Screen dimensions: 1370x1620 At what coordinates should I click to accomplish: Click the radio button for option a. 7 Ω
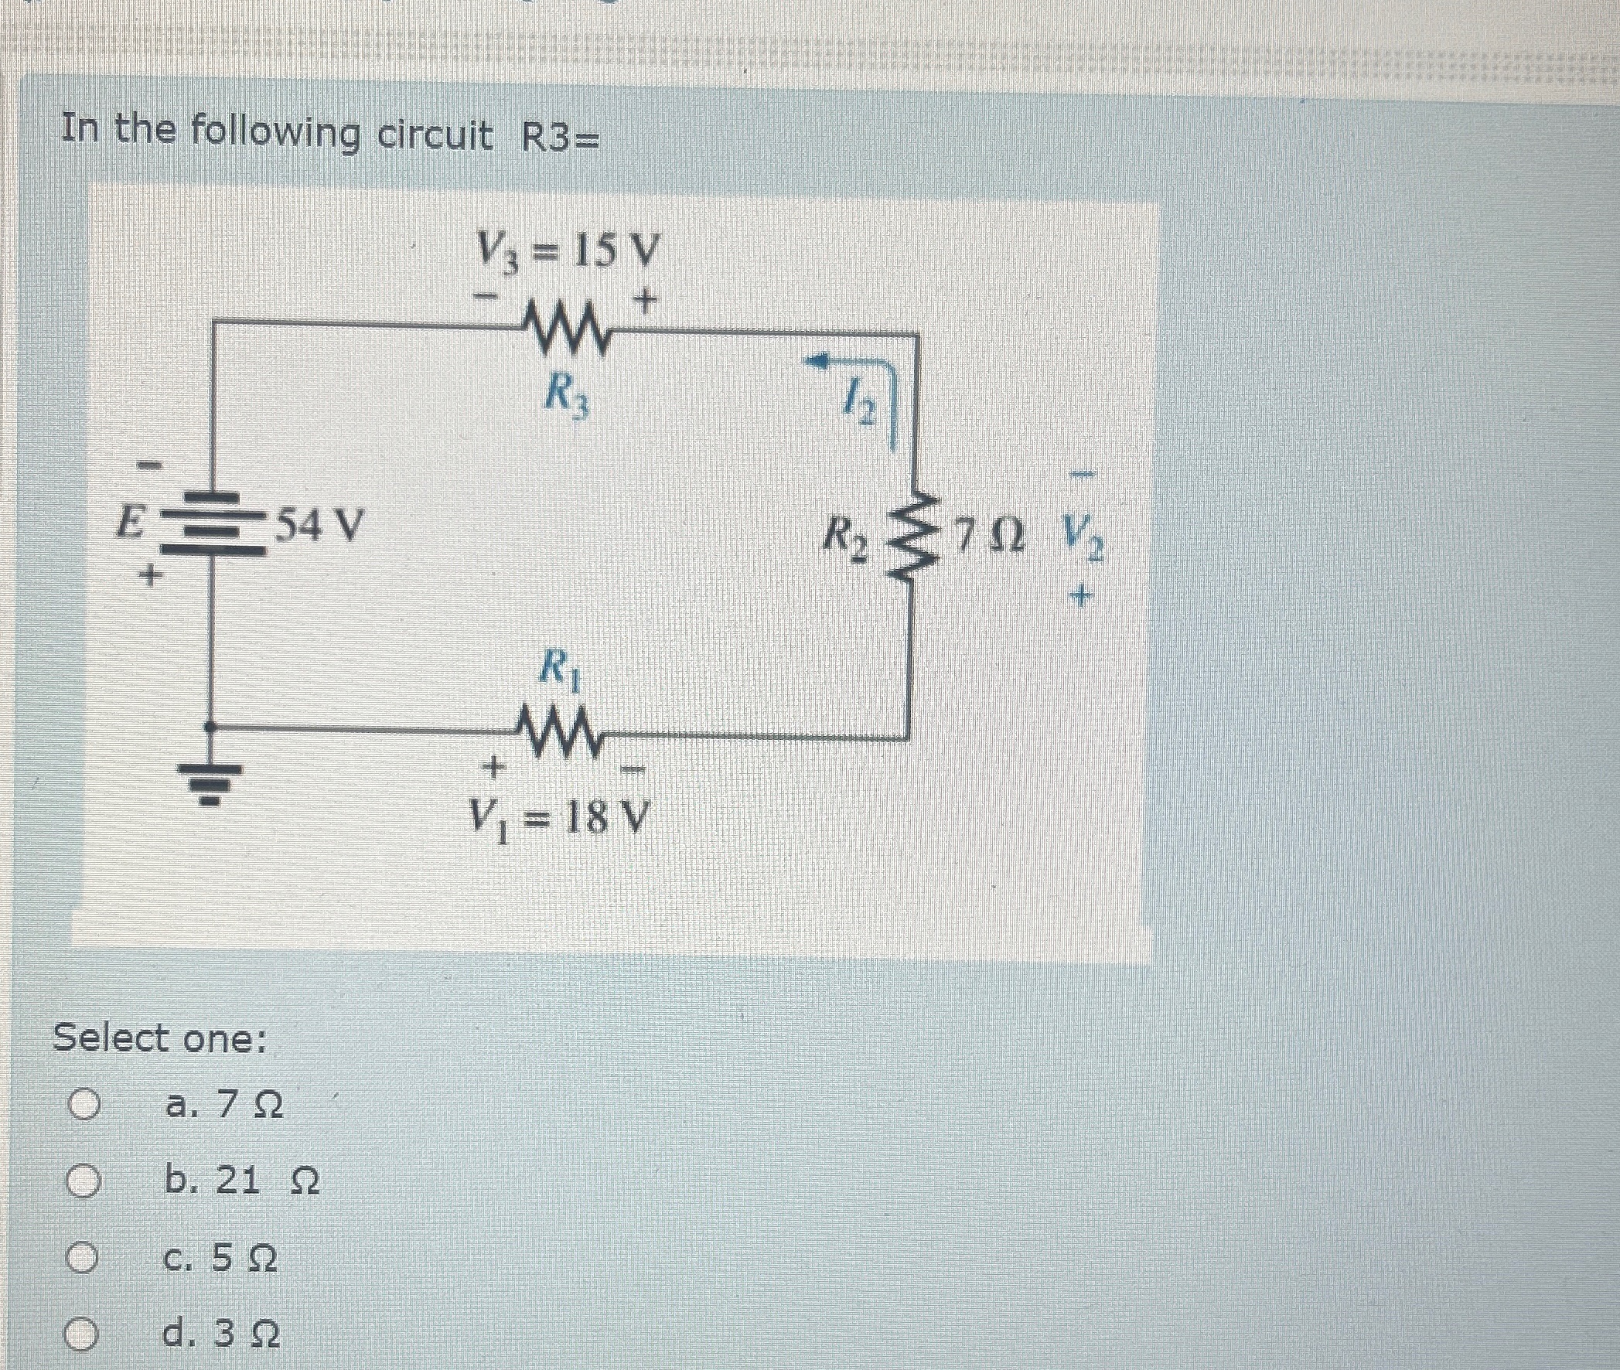point(83,1105)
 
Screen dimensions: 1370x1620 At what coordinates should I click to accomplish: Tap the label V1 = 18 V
point(558,819)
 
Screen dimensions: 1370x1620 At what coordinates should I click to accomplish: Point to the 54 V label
point(320,526)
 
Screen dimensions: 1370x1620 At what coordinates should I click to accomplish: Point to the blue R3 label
point(566,396)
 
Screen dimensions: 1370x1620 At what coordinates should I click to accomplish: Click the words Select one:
point(159,1038)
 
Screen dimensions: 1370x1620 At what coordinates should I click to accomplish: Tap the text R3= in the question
point(560,138)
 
